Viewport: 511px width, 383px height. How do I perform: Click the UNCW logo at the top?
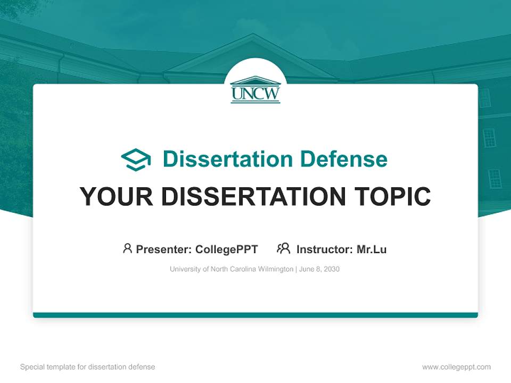(256, 89)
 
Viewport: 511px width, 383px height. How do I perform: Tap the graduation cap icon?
(136, 160)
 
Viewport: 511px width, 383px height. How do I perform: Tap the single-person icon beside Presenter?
(127, 248)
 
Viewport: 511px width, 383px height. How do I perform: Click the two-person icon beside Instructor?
(283, 248)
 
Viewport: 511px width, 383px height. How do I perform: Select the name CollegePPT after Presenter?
(226, 249)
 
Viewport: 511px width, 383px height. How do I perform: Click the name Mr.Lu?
(372, 249)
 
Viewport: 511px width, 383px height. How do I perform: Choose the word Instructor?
(324, 249)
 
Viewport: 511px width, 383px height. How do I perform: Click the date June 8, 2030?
(319, 269)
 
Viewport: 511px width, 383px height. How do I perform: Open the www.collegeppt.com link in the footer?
(456, 367)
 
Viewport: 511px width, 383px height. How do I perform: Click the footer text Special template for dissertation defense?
(87, 367)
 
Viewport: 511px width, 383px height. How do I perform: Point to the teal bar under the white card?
(256, 315)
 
